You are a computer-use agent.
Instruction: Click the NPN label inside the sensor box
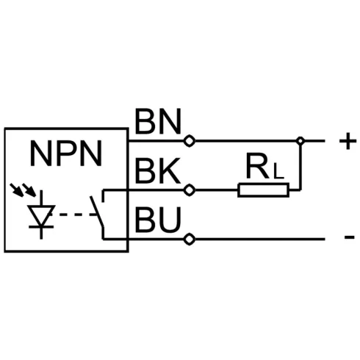66,154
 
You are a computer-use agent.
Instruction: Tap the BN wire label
158,121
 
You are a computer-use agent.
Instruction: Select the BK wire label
158,170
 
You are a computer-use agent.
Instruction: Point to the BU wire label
158,220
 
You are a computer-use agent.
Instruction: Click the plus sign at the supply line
348,141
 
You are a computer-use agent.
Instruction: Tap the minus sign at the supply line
350,237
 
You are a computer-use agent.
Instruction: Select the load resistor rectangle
263,190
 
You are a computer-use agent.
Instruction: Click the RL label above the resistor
264,166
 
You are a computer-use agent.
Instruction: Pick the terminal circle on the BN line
190,141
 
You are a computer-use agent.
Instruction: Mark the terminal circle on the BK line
190,190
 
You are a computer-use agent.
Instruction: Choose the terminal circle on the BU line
190,239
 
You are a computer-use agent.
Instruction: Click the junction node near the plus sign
300,141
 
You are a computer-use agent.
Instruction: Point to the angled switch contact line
97,212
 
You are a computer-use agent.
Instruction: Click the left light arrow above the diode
17,190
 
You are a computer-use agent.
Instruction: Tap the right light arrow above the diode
29,190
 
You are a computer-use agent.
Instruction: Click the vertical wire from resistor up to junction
300,168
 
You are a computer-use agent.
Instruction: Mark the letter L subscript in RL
278,171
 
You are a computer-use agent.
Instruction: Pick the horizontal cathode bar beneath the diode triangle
41,227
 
